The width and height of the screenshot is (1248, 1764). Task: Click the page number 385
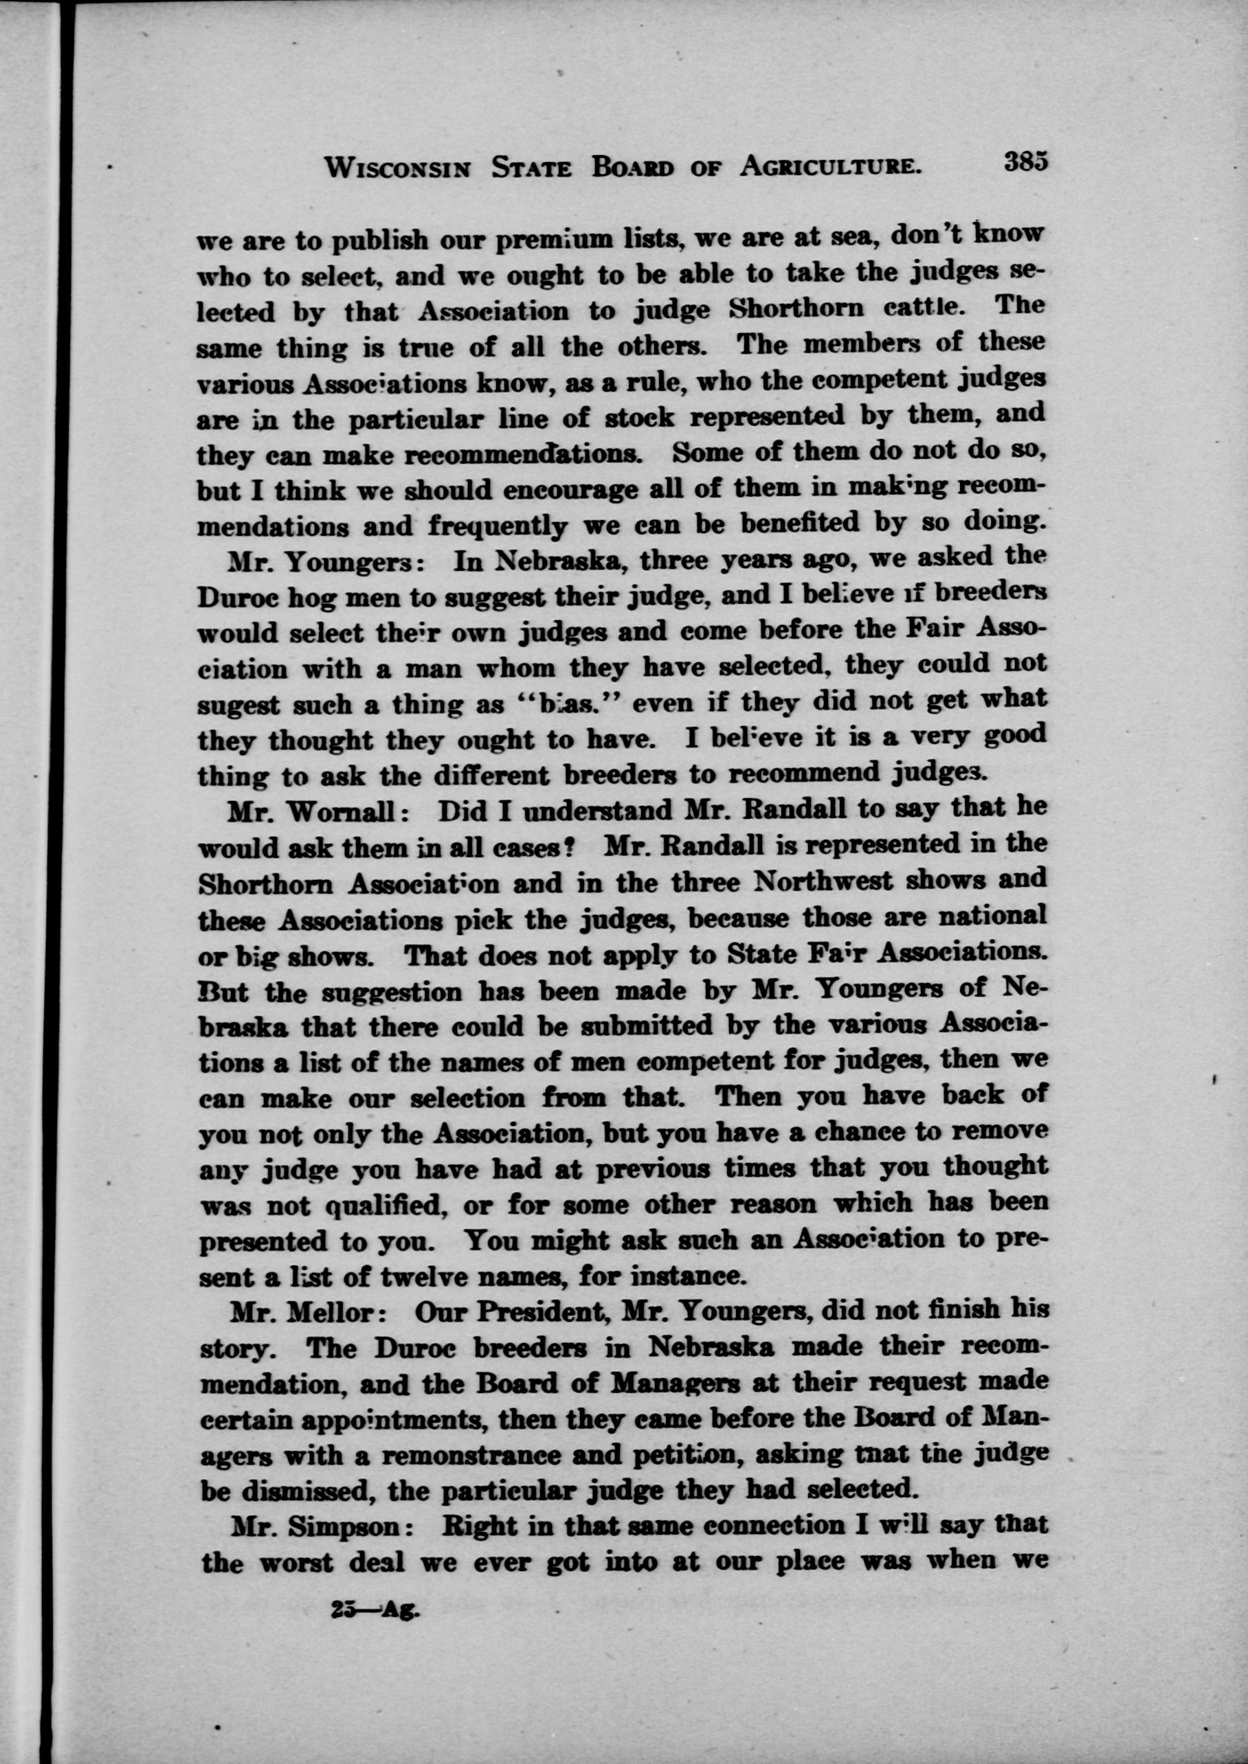click(x=1025, y=163)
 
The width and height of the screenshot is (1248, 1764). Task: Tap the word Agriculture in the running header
click(x=830, y=166)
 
